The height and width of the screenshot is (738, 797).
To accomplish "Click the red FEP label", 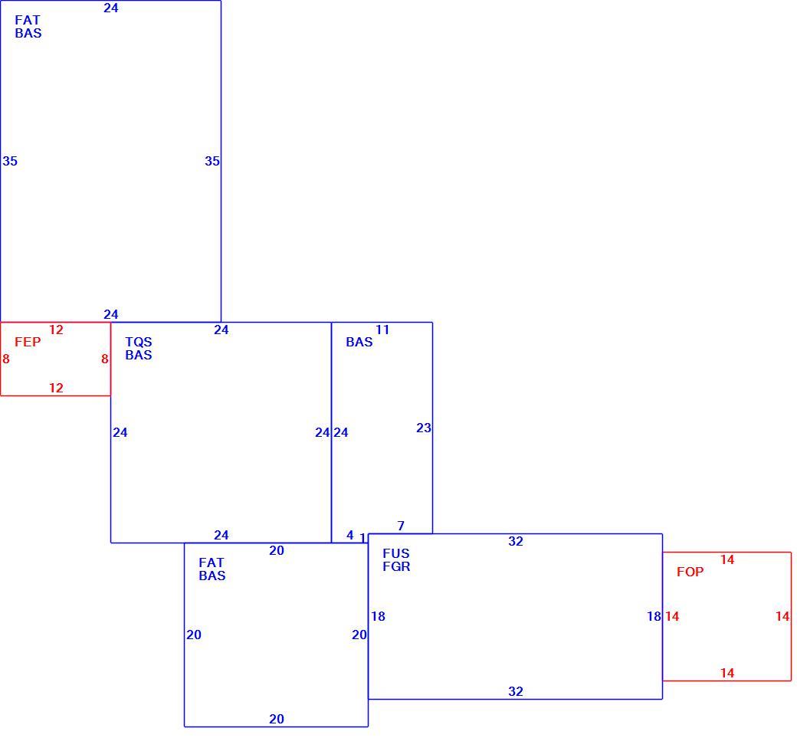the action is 28,342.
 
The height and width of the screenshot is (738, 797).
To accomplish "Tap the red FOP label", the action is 690,572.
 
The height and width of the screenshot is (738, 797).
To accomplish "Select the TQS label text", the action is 138,342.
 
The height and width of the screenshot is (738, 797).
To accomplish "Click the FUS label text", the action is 396,553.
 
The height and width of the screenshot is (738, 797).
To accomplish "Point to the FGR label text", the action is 396,566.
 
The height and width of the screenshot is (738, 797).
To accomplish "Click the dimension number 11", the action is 382,330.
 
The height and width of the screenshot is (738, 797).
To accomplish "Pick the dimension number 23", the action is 423,428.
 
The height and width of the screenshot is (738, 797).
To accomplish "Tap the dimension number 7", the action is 401,526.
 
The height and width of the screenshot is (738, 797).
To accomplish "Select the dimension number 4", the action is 349,535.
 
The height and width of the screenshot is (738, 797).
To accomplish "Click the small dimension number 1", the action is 362,537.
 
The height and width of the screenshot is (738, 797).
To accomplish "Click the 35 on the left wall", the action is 10,161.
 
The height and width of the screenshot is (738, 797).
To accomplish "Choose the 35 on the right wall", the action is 212,161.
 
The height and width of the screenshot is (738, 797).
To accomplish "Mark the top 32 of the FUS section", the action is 516,541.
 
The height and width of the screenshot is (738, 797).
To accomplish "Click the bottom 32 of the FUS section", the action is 516,691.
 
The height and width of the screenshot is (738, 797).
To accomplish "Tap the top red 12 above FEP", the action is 56,330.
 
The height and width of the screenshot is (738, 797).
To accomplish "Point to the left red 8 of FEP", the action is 6,359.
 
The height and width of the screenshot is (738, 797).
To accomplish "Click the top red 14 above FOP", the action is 727,559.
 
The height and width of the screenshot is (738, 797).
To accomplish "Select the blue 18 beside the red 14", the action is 654,616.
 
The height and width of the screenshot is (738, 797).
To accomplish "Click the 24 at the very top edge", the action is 111,8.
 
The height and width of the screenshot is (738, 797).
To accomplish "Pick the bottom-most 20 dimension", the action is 277,719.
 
